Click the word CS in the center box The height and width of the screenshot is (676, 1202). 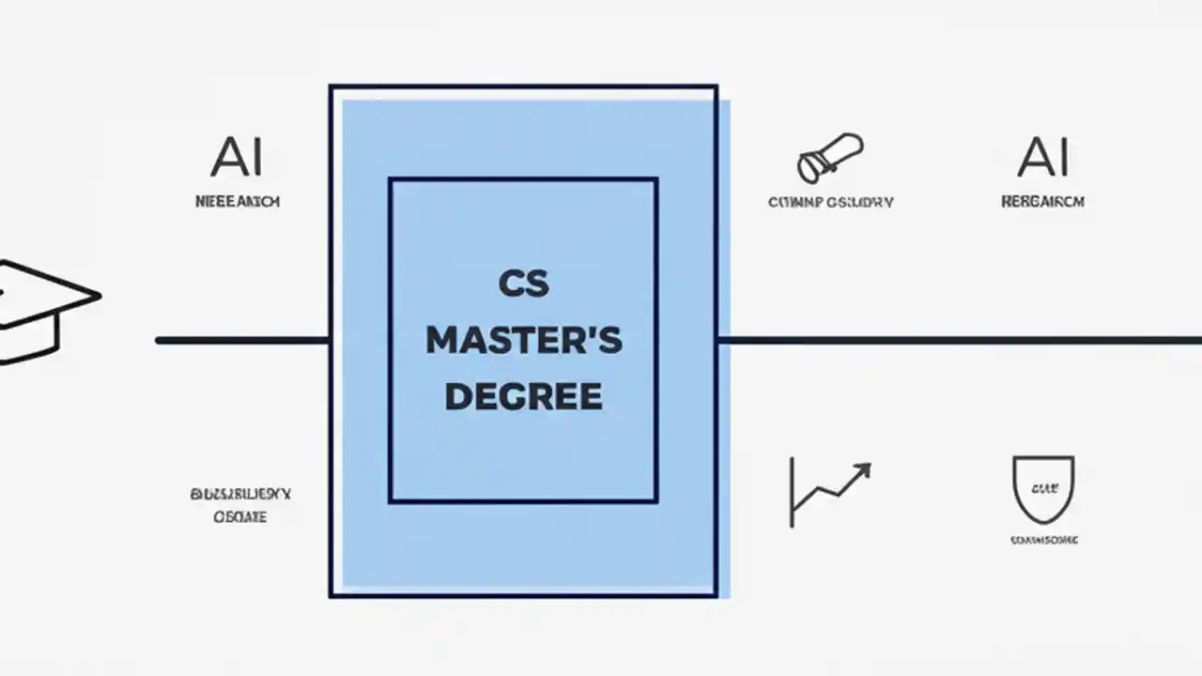tap(523, 284)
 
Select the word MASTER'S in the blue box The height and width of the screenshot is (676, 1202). tap(523, 341)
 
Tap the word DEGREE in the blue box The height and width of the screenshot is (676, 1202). tap(523, 396)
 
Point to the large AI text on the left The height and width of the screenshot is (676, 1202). tap(237, 157)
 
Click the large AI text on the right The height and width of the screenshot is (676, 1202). tap(1043, 157)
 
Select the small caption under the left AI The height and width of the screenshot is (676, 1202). tap(237, 201)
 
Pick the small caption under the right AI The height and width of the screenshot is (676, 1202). tap(1042, 201)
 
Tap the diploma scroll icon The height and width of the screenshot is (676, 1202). tap(828, 158)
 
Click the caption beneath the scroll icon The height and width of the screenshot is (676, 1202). tap(830, 201)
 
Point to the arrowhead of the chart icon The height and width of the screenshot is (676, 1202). tap(862, 469)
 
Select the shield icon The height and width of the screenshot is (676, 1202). tap(1042, 488)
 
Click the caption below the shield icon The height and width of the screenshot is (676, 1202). tap(1043, 540)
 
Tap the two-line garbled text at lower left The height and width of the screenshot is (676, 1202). tap(239, 504)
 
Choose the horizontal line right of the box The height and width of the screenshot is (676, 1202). tap(958, 340)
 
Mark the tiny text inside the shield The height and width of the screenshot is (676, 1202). tap(1042, 487)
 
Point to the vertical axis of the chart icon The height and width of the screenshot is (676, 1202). tap(793, 491)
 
